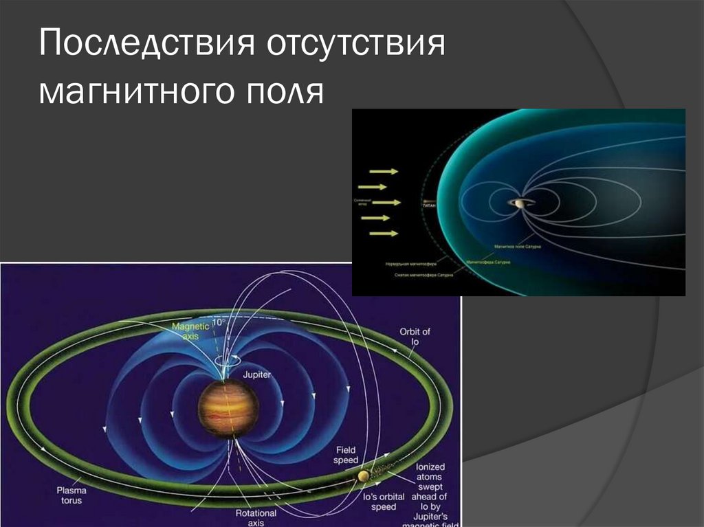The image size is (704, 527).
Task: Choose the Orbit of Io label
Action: pos(415,337)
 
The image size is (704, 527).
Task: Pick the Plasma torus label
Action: pos(69,495)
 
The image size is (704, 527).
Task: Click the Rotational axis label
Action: pos(256,517)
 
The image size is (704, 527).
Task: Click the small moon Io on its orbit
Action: pos(363,476)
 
